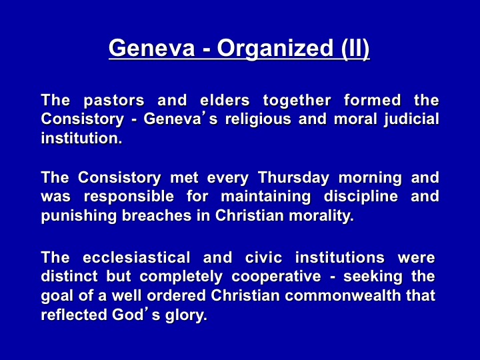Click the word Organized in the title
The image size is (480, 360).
tap(274, 49)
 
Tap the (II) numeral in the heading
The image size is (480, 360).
tap(355, 49)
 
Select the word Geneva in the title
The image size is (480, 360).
tap(152, 48)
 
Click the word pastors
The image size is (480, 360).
tap(114, 101)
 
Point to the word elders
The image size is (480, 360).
tap(225, 100)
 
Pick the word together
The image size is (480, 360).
tap(297, 101)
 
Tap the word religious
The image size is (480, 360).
tap(258, 119)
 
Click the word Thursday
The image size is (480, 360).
tap(293, 178)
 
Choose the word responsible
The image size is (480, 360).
tap(129, 197)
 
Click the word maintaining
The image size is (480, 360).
tap(266, 197)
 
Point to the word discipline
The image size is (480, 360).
tap(361, 197)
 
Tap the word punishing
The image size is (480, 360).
tap(79, 216)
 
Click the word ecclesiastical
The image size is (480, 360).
tap(137, 257)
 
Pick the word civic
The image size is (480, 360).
tap(263, 257)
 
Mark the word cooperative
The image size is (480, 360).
tap(277, 277)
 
